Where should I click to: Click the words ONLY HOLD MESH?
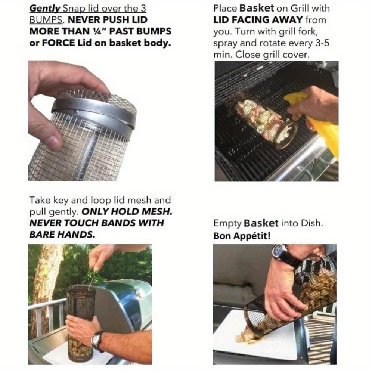click(x=127, y=212)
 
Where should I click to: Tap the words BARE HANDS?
click(x=62, y=235)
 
